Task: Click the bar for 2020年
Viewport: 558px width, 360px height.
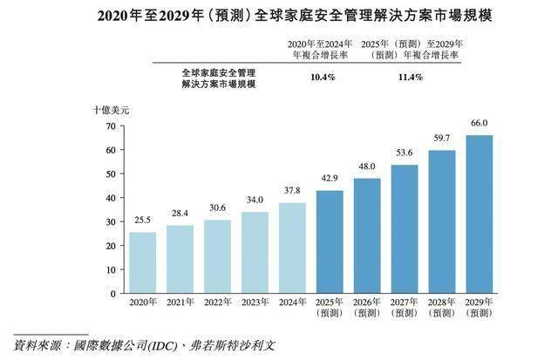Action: coord(142,262)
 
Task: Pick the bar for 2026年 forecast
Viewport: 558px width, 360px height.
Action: coord(366,236)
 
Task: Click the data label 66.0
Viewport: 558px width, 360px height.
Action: coord(479,124)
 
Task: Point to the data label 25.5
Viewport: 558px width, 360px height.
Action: coord(142,221)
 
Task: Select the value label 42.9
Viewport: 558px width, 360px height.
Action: coord(330,179)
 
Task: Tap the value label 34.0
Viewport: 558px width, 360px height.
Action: coord(255,200)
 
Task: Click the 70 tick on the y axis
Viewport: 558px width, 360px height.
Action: coord(110,126)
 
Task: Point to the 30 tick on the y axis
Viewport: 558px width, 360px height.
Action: coord(110,222)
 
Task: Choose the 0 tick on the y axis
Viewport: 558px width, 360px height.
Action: coord(112,295)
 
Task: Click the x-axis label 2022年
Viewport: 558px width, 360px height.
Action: coord(217,302)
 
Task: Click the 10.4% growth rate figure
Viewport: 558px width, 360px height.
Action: coord(323,77)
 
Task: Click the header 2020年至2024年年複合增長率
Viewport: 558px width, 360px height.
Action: coord(323,48)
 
